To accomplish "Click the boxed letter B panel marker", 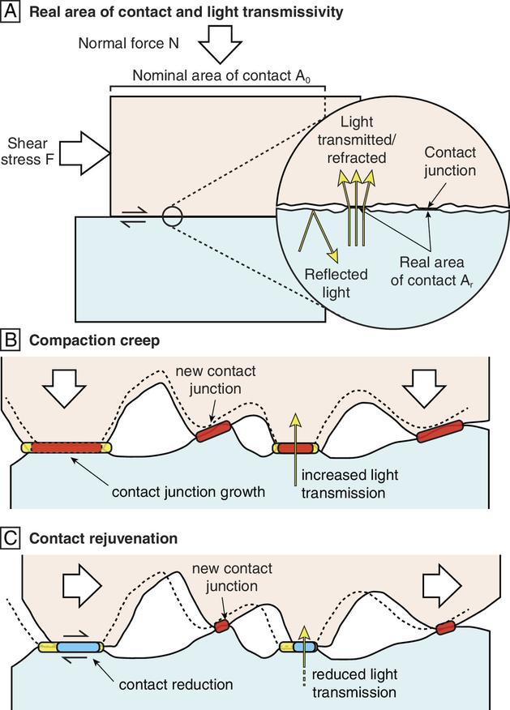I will [x=10, y=340].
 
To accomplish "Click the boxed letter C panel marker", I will [x=10, y=537].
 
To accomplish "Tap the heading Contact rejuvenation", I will [x=101, y=537].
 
